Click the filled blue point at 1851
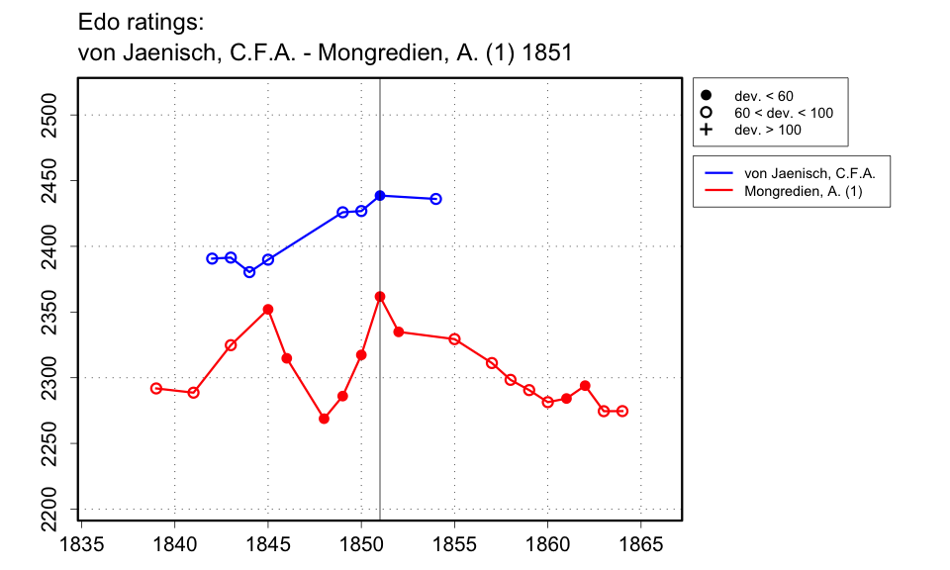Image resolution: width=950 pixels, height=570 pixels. point(380,196)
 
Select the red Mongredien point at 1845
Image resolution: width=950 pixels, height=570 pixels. point(268,310)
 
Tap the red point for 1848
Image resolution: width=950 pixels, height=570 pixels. point(324,419)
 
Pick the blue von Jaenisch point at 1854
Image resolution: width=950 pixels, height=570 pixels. point(435,199)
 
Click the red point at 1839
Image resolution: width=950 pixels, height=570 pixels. point(156,388)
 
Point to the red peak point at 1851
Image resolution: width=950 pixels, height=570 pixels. point(380,297)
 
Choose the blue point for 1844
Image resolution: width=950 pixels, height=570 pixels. point(249,272)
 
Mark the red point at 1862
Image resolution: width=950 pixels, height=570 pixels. point(585,385)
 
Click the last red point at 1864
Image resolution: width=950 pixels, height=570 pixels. point(622,411)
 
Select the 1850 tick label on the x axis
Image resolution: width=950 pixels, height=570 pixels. point(361,542)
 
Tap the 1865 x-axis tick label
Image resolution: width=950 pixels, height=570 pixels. point(640,542)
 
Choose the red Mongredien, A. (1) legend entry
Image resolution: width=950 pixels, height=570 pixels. point(803,191)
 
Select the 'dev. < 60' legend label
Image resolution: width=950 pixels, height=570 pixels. point(763,96)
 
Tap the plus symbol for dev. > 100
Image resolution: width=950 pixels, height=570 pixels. point(706,130)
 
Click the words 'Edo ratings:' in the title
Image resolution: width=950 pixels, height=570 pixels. point(140,22)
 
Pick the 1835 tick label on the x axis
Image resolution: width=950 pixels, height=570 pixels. point(82,542)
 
